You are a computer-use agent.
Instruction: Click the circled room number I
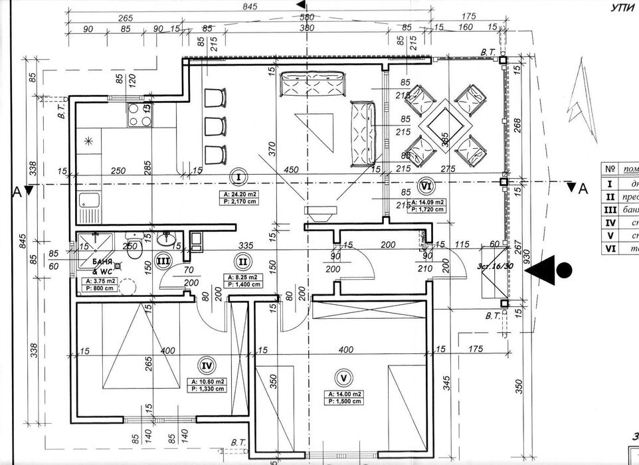click(237, 177)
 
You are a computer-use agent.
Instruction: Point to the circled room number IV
click(207, 365)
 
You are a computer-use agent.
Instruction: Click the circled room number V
click(343, 379)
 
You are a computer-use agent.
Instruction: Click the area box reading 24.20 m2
click(237, 197)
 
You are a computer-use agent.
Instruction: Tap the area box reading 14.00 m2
click(343, 397)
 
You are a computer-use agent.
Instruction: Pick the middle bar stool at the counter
click(215, 126)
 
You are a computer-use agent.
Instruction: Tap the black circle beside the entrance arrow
click(564, 270)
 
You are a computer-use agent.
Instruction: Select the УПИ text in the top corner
click(622, 8)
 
